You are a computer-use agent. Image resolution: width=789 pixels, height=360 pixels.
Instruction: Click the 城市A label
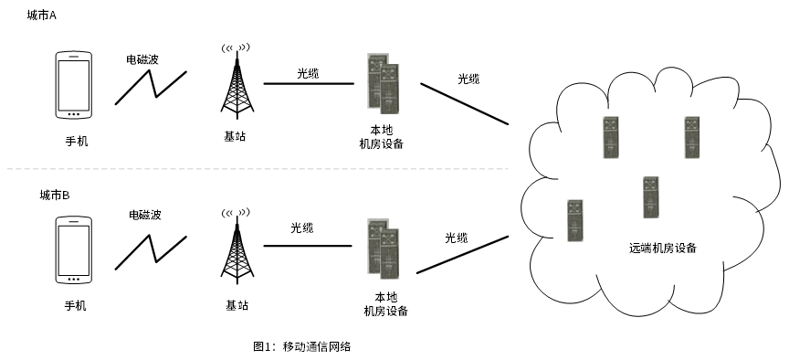pos(42,16)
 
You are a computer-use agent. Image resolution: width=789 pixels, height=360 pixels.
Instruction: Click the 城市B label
pos(55,196)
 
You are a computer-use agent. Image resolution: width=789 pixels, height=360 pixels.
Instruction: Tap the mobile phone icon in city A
pos(73,85)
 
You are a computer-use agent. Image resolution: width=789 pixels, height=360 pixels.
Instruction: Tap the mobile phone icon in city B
pos(73,250)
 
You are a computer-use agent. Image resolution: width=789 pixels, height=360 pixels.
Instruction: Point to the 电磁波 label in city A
pos(142,59)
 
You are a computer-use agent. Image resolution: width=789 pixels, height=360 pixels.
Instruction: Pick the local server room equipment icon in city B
pos(383,249)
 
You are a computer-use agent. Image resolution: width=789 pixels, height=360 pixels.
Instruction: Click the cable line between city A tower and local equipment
pos(309,83)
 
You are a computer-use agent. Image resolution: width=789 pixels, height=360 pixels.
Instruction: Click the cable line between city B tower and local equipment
pos(308,246)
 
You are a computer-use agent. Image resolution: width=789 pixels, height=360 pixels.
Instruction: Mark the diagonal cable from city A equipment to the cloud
pos(465,104)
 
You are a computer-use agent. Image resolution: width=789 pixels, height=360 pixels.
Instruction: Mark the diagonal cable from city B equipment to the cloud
pos(462,255)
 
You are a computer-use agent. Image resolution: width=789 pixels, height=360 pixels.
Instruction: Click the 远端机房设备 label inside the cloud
pos(663,248)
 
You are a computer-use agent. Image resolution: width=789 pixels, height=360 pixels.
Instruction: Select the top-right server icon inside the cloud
pos(692,137)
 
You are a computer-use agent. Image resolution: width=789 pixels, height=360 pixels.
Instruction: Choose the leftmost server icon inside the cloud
pos(575,220)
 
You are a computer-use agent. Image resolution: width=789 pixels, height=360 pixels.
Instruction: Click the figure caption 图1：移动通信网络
pos(301,346)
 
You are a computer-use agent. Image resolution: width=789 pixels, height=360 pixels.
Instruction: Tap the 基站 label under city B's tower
pos(237,305)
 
